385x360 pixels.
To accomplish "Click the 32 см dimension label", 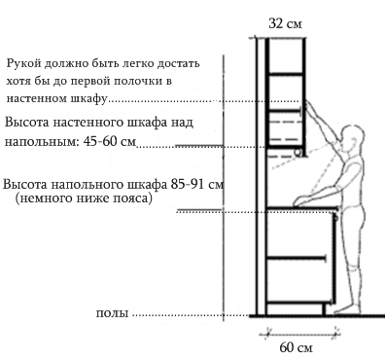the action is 285,23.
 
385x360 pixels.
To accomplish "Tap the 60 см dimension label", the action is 296,347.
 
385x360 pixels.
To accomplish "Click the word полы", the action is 113,313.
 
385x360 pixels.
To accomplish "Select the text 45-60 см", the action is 110,141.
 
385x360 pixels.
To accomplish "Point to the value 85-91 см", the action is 197,185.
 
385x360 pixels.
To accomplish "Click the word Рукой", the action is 24,63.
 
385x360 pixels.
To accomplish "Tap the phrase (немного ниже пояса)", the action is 84,198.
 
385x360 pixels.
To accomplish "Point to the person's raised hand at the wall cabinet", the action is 309,106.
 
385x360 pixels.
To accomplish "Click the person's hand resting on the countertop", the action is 300,201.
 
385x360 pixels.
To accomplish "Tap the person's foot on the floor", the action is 346,309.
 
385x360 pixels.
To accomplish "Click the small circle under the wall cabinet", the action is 298,153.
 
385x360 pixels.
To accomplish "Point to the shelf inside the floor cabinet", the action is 296,258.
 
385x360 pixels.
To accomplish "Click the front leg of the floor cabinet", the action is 324,309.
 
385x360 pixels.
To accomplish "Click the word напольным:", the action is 42,142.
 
